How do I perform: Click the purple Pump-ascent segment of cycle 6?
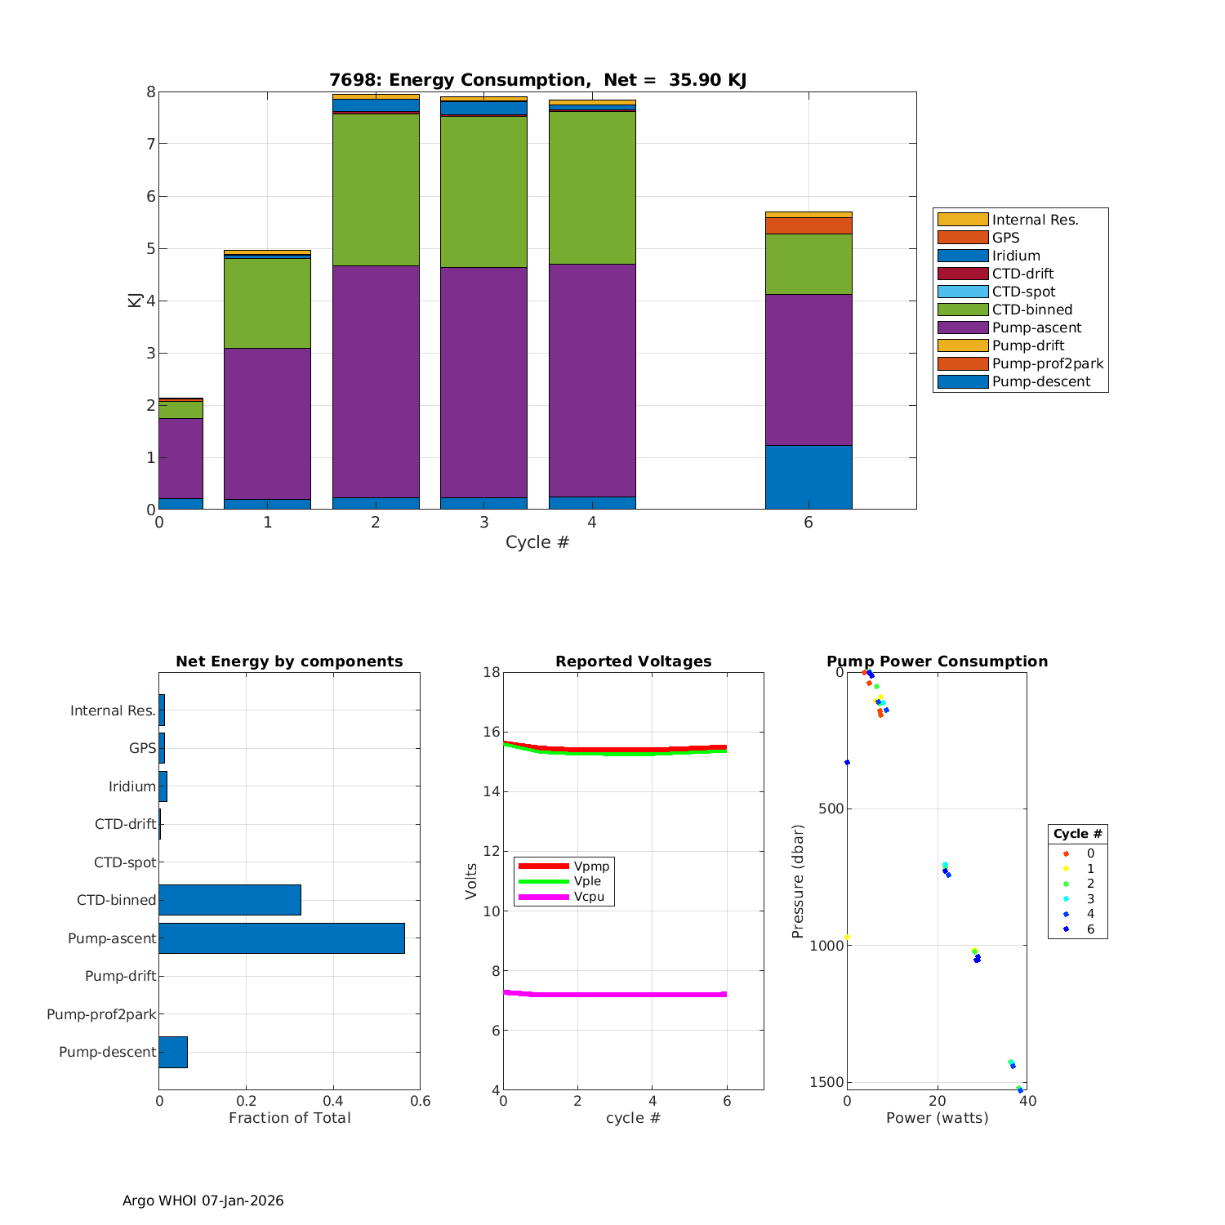click(x=808, y=369)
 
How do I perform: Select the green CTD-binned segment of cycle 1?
click(x=267, y=303)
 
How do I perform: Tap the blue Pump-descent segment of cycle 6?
click(x=808, y=477)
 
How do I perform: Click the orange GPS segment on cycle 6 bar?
click(x=808, y=225)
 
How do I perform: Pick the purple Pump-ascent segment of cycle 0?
click(x=180, y=458)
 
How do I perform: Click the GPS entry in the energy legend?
click(x=1005, y=238)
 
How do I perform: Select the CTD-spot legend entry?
click(x=1023, y=292)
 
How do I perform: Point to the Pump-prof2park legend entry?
click(x=1047, y=363)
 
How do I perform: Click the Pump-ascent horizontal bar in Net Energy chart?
click(x=282, y=938)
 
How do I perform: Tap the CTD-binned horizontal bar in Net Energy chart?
click(x=229, y=900)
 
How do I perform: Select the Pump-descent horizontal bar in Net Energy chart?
click(x=173, y=1052)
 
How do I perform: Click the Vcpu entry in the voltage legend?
click(x=588, y=897)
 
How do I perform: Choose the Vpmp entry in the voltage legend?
click(x=591, y=866)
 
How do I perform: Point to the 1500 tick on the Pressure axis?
click(x=826, y=1082)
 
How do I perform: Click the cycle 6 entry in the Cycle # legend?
click(x=1089, y=929)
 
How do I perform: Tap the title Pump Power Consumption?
click(x=937, y=661)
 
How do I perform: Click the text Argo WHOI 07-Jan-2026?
click(x=203, y=1200)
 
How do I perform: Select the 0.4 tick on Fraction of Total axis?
click(x=333, y=1101)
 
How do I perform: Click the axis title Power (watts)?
click(x=937, y=1118)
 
